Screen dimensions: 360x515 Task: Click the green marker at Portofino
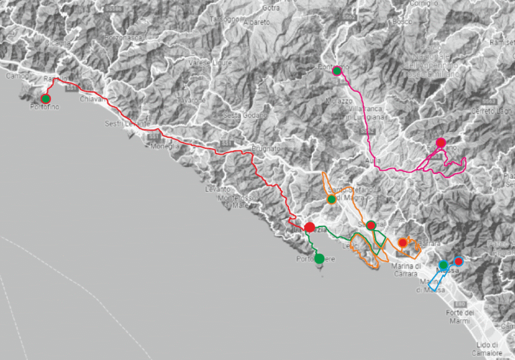[46, 99]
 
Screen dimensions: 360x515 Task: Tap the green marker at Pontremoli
[337, 71]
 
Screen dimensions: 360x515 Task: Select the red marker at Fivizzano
[441, 142]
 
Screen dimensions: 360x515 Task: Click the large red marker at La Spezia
[310, 228]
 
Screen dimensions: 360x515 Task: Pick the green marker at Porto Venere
[319, 258]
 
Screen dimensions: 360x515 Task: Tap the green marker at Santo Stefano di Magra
[331, 199]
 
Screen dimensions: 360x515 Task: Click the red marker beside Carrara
[402, 243]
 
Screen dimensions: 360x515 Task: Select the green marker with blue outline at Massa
[443, 265]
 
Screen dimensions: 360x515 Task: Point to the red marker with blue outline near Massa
[459, 261]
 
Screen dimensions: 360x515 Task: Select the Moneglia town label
[164, 146]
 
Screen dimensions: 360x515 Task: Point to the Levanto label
[218, 190]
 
